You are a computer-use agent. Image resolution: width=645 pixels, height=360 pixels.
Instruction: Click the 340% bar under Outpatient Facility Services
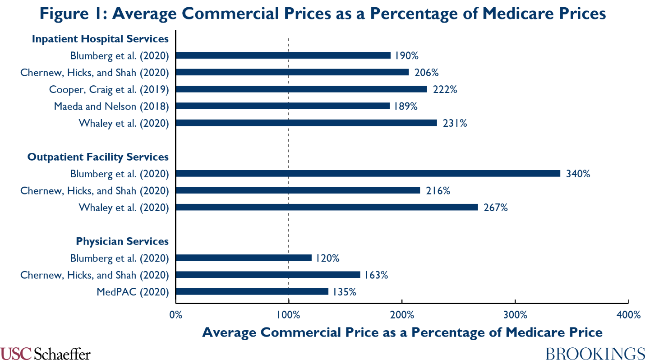click(x=368, y=173)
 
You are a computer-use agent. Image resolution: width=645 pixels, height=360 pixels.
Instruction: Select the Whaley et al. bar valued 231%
click(x=306, y=123)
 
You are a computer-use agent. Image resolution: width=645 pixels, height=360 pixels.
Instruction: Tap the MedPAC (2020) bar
click(x=252, y=291)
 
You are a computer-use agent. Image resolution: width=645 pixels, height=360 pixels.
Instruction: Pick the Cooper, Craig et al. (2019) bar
click(x=301, y=89)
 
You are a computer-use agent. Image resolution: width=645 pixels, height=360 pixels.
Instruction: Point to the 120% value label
click(x=327, y=258)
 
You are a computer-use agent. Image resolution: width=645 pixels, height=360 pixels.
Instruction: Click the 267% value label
click(x=496, y=208)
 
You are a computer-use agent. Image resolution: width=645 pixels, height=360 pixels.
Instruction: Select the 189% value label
click(x=405, y=106)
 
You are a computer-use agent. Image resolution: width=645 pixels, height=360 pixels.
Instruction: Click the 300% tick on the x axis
click(x=515, y=314)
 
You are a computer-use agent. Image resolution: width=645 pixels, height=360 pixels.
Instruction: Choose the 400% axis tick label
click(x=628, y=314)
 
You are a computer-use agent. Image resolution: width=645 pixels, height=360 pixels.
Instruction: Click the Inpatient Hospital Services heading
click(x=100, y=39)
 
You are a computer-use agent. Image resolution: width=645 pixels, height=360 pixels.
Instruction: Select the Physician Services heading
click(x=122, y=241)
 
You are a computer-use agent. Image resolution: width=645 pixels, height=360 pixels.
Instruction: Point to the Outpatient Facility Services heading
click(x=98, y=157)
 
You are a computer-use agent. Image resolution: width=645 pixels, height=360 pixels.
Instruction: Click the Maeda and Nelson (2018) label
click(x=111, y=106)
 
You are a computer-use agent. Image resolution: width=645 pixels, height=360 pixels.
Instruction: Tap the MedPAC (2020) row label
click(x=133, y=291)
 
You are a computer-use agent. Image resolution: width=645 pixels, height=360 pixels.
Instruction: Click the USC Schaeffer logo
click(x=45, y=353)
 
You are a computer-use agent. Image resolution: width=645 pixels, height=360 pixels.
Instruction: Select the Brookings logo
click(x=595, y=353)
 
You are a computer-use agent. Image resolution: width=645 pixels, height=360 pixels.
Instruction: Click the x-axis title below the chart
click(x=402, y=332)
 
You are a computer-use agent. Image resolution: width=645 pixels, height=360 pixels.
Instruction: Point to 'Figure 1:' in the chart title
click(x=72, y=14)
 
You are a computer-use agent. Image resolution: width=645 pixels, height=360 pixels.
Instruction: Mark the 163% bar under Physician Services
click(x=268, y=275)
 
